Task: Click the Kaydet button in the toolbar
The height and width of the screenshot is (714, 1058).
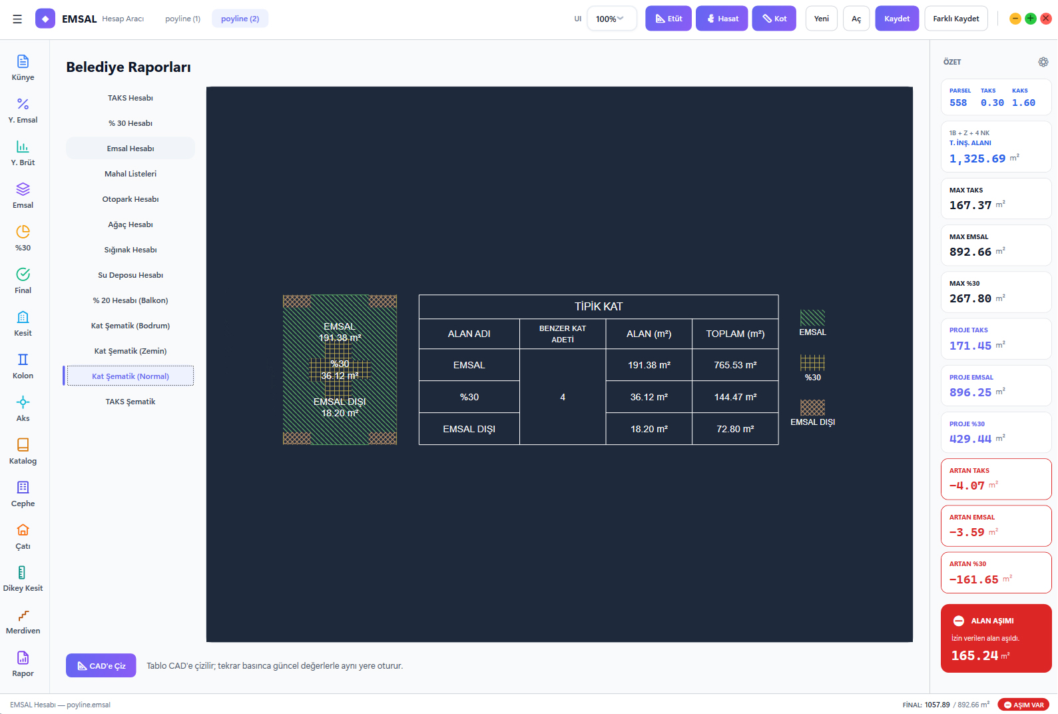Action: point(896,19)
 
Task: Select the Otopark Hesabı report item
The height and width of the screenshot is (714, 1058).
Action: point(131,199)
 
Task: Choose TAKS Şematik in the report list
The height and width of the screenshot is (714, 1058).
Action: point(131,401)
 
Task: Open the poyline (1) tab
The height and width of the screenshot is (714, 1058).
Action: point(183,19)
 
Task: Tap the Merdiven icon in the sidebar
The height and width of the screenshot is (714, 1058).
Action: point(23,615)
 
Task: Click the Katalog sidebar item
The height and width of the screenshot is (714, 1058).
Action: point(23,451)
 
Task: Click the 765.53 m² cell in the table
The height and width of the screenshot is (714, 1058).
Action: point(735,365)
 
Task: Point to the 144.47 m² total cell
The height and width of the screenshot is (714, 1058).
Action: point(735,397)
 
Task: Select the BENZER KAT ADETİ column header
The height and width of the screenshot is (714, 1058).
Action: point(563,334)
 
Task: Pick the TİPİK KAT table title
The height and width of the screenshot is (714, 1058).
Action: point(599,306)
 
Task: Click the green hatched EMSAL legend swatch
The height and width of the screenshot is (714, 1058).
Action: point(812,318)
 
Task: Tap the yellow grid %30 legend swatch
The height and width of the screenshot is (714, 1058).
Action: point(812,362)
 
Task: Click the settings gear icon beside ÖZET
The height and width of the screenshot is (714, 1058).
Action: point(1043,62)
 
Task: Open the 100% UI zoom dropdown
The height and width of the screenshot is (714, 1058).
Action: point(612,19)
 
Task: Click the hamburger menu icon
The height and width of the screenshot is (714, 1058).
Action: point(17,19)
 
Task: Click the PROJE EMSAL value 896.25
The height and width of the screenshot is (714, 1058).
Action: point(969,392)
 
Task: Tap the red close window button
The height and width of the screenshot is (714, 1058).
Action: point(1046,19)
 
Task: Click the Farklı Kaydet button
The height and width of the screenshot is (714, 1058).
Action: point(956,19)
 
